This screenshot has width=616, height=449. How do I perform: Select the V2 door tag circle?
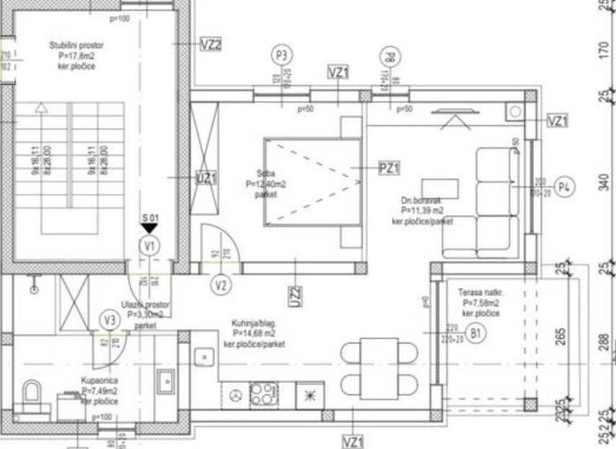[x=222, y=283]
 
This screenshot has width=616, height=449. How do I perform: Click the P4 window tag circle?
[x=565, y=188]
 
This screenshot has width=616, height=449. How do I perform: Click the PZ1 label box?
[x=389, y=168]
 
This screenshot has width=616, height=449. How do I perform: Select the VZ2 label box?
[x=210, y=44]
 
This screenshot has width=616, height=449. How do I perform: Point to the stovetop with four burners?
[x=262, y=394]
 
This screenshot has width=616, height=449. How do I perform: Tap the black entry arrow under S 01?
[x=149, y=229]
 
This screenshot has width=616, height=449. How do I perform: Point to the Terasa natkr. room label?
[x=481, y=304]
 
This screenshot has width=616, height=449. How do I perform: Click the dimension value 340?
[x=604, y=183]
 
